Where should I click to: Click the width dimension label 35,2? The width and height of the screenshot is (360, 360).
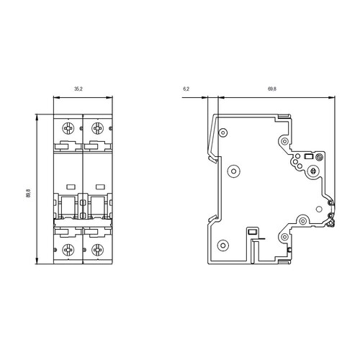(x=78, y=89)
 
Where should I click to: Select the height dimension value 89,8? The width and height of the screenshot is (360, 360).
(x=29, y=193)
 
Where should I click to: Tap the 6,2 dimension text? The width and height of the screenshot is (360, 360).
(x=186, y=89)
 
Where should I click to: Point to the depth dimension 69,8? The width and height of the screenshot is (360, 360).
(x=272, y=89)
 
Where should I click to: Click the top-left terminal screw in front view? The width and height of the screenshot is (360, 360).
(x=68, y=128)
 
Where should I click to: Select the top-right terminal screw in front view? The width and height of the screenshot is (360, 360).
(x=97, y=128)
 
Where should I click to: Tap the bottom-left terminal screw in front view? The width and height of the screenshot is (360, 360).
(x=68, y=250)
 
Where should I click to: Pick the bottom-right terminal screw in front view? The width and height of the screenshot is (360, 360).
(x=97, y=250)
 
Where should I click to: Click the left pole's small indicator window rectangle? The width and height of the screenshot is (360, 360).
(x=71, y=186)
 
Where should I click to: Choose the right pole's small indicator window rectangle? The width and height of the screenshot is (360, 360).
(x=100, y=186)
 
